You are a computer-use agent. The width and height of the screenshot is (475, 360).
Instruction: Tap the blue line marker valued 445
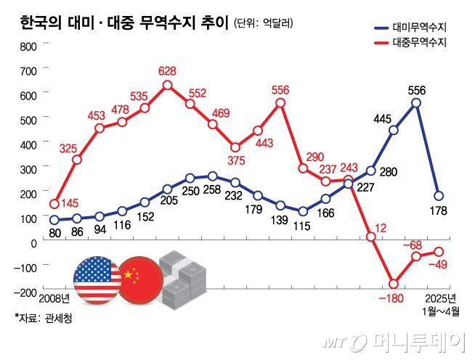point(394,131)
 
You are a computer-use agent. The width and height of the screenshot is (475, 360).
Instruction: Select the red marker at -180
point(394,284)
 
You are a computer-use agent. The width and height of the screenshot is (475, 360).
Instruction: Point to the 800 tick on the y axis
point(27,46)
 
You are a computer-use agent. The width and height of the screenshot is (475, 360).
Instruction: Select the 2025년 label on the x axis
point(439,299)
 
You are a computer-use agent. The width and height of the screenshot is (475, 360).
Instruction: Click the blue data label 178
point(439,211)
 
